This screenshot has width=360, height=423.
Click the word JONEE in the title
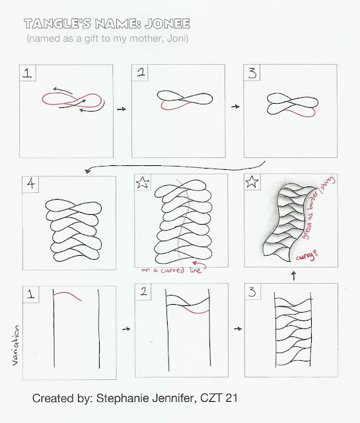pyautogui.click(x=167, y=24)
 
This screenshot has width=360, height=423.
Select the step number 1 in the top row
pyautogui.click(x=28, y=73)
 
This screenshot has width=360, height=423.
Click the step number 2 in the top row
pyautogui.click(x=141, y=72)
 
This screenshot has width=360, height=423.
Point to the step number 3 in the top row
pyautogui.click(x=252, y=73)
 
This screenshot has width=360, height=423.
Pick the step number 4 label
pyautogui.click(x=31, y=184)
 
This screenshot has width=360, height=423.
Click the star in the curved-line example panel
pyautogui.click(x=143, y=182)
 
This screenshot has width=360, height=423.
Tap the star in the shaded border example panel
pyautogui.click(x=252, y=182)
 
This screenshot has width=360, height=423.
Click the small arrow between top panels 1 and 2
pyautogui.click(x=122, y=109)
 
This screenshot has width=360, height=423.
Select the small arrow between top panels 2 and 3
pyautogui.click(x=235, y=106)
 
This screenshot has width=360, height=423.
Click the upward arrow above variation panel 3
pyautogui.click(x=294, y=276)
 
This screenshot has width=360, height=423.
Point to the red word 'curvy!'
pyautogui.click(x=306, y=256)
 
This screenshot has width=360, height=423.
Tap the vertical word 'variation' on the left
pyautogui.click(x=16, y=346)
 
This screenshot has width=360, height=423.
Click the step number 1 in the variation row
pyautogui.click(x=31, y=293)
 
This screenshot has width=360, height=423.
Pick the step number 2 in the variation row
pyautogui.click(x=143, y=291)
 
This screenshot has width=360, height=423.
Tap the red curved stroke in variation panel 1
pyautogui.click(x=67, y=295)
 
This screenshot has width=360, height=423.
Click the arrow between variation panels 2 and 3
pyautogui.click(x=238, y=328)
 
